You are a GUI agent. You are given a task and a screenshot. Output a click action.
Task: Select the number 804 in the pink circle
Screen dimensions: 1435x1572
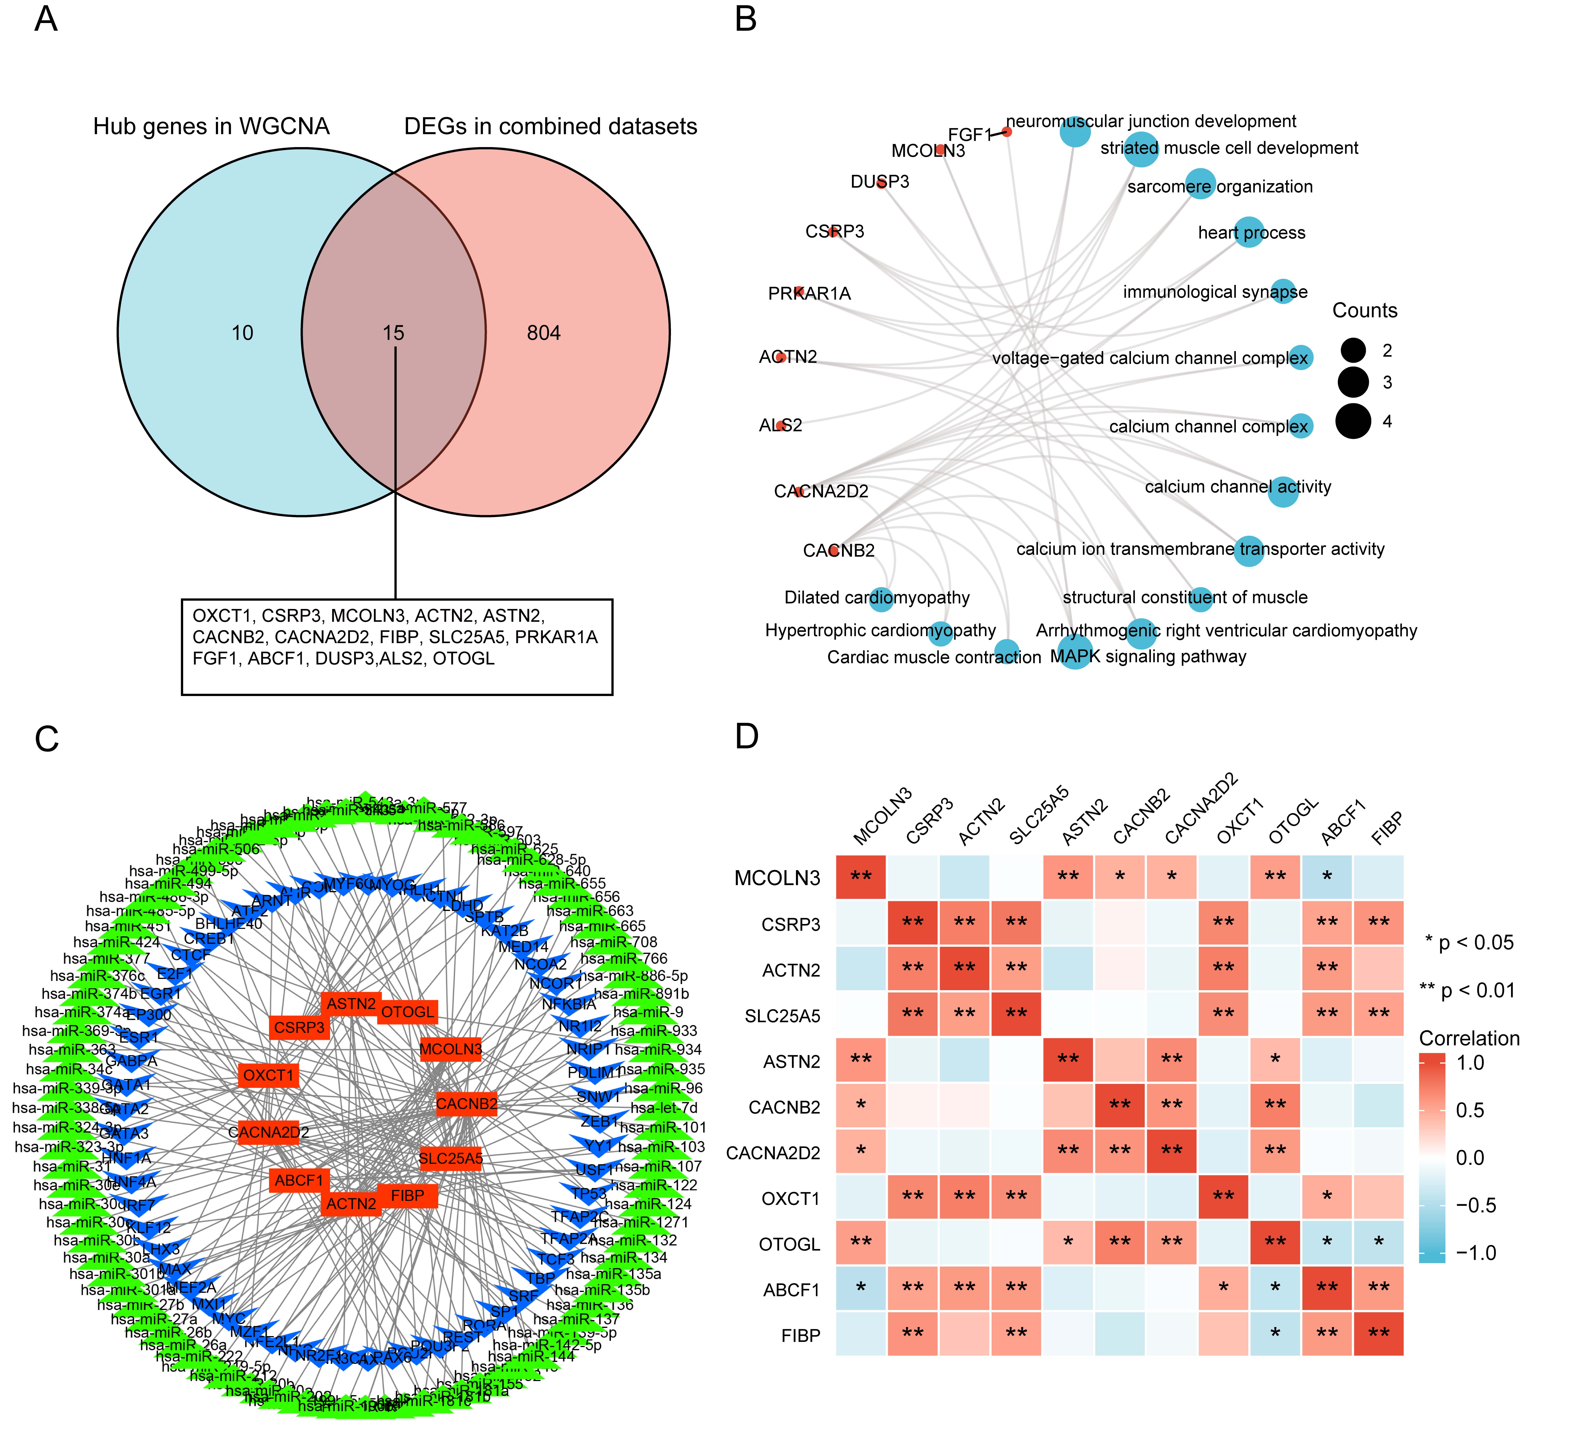pyautogui.click(x=544, y=333)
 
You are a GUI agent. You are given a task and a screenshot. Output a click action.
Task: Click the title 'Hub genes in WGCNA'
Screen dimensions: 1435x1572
pyautogui.click(x=211, y=126)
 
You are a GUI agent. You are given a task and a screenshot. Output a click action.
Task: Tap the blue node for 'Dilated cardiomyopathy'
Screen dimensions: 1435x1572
pyautogui.click(x=881, y=598)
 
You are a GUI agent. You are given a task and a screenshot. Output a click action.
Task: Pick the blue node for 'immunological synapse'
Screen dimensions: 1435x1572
pyautogui.click(x=1283, y=292)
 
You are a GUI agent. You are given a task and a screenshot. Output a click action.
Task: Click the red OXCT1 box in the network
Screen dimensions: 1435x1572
pyautogui.click(x=268, y=1075)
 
